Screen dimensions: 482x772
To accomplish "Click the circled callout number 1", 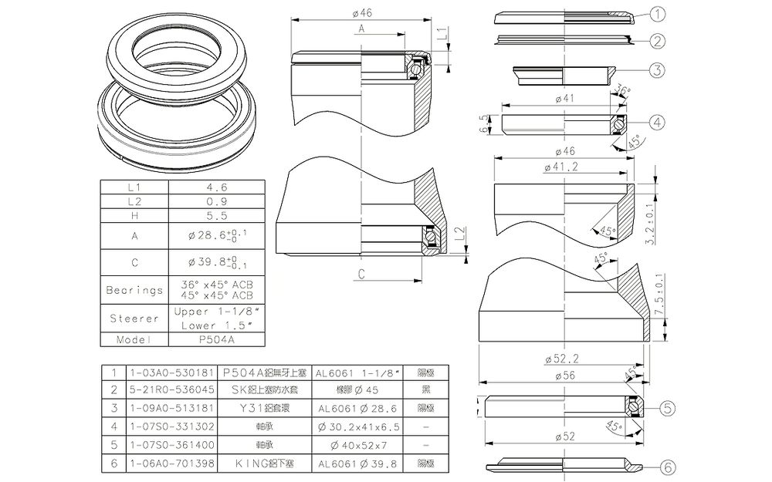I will (658, 13).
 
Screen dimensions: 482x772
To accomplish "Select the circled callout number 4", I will (658, 122).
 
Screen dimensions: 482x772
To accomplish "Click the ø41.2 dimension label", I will (562, 167).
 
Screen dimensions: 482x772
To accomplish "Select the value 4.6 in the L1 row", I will (217, 187).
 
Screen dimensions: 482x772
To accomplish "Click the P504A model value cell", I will (216, 339).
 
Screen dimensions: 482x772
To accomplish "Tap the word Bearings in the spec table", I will (134, 290).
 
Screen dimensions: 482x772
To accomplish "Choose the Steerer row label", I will (134, 318).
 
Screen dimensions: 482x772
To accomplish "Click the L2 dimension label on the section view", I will (460, 234).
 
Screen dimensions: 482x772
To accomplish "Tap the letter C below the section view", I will (361, 274).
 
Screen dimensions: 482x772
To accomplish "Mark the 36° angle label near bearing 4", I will (623, 90).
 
